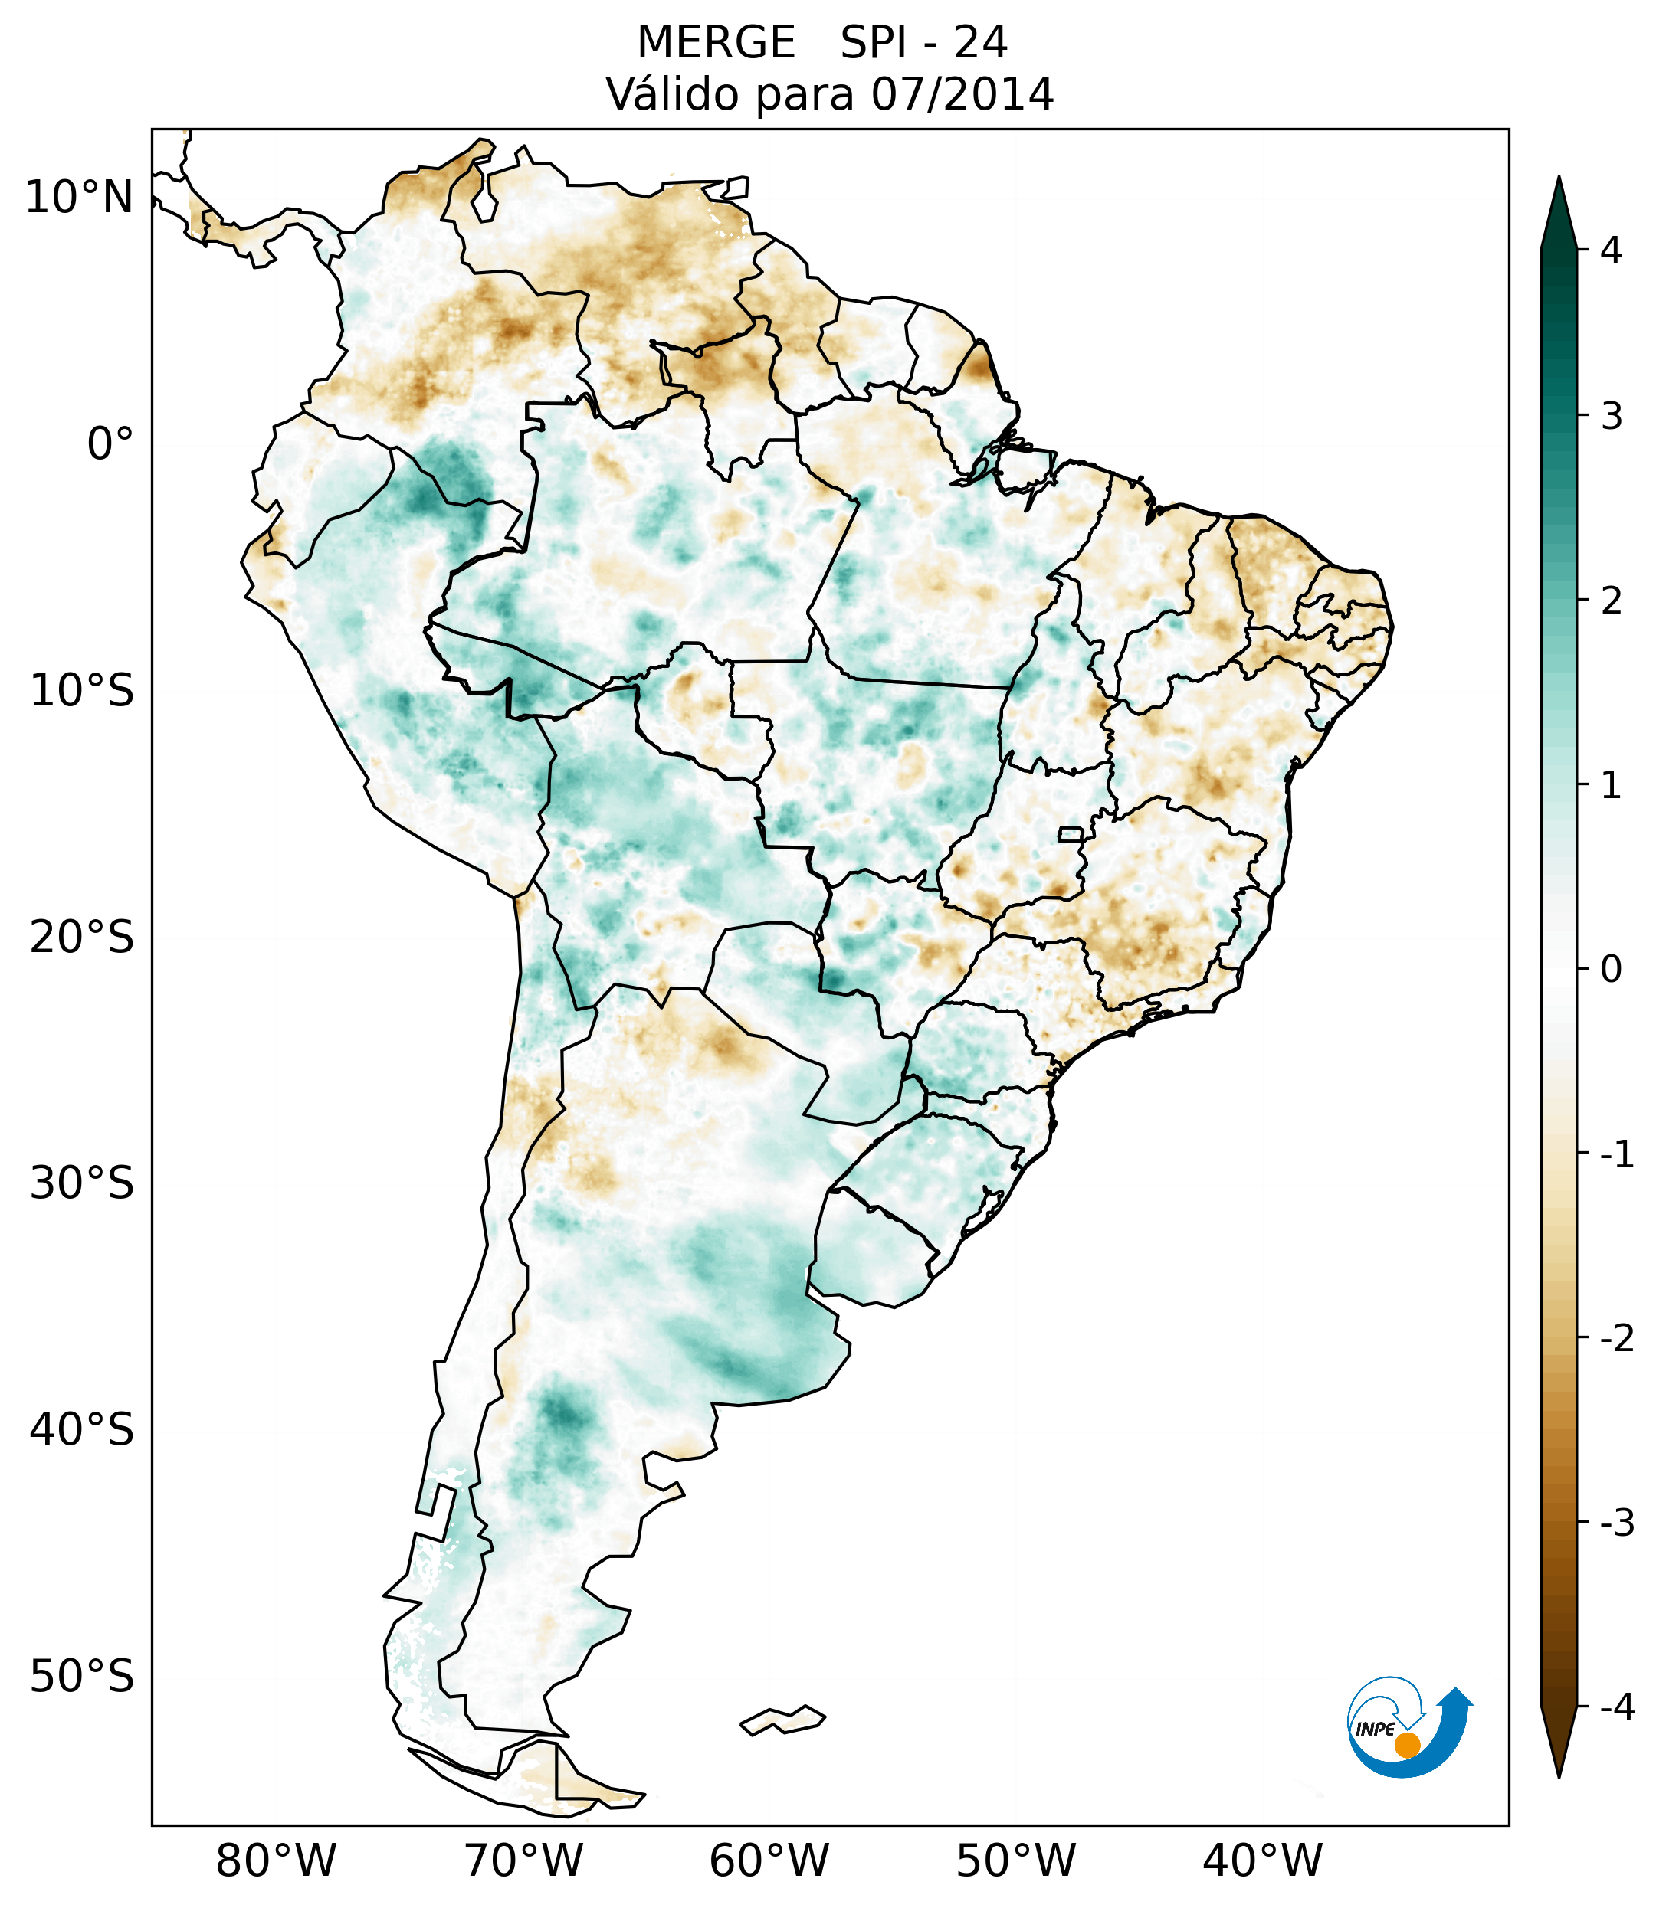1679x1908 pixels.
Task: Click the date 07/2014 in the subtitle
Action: coord(962,95)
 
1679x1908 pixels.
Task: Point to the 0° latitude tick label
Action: coord(110,443)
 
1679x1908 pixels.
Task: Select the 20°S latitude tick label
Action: coord(82,938)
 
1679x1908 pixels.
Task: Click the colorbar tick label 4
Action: coord(1611,250)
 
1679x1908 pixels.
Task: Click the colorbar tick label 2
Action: coord(1611,601)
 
